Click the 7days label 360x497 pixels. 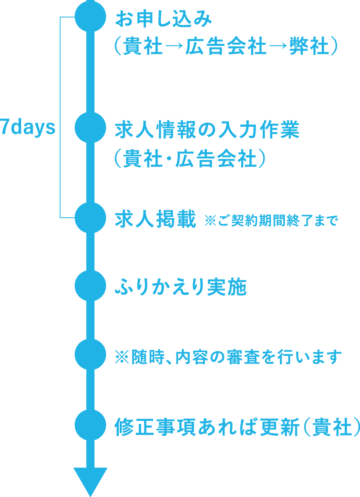click(x=28, y=128)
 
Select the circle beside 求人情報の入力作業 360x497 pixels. click(x=90, y=128)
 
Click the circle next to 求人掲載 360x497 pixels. click(x=90, y=218)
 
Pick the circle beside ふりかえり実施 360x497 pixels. click(x=90, y=286)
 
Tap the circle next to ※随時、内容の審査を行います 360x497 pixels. click(x=90, y=354)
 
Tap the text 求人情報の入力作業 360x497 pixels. click(x=207, y=131)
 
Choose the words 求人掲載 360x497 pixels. click(x=156, y=220)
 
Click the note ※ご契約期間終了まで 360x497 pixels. click(x=270, y=221)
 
